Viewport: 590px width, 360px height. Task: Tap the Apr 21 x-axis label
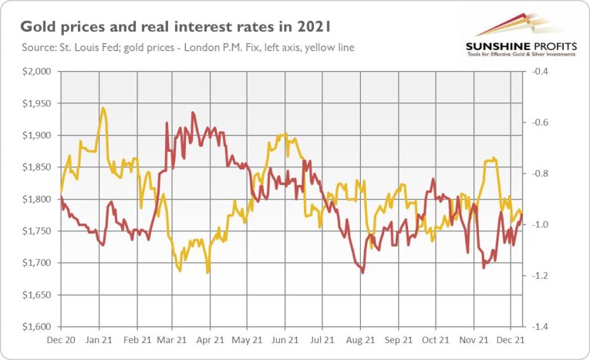pyautogui.click(x=211, y=338)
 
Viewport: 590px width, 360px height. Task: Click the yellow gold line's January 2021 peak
pyautogui.click(x=103, y=108)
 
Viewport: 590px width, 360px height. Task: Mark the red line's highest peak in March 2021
pyautogui.click(x=192, y=113)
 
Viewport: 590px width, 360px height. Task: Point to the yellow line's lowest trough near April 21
pyautogui.click(x=207, y=272)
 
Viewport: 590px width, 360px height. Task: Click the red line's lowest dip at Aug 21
pyautogui.click(x=362, y=272)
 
